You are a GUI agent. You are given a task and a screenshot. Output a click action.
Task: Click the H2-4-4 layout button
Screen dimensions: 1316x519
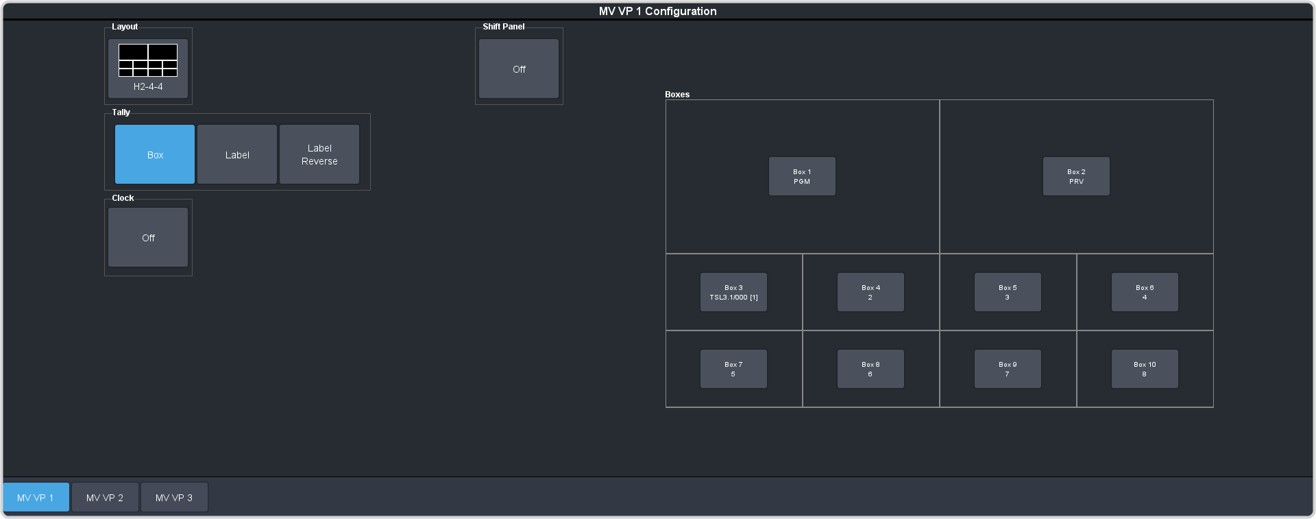(148, 69)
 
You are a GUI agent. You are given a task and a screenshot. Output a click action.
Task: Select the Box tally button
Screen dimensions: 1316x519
(155, 154)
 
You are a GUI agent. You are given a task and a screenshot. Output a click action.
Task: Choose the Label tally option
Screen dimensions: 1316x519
(237, 154)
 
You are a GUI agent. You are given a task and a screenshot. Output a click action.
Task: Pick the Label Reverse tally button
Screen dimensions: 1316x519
(319, 154)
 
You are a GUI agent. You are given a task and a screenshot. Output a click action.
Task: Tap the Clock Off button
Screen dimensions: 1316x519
(148, 237)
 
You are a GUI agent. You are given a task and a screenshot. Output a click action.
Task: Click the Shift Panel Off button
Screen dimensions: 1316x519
(519, 69)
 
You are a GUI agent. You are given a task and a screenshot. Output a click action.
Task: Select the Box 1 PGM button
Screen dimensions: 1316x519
(802, 176)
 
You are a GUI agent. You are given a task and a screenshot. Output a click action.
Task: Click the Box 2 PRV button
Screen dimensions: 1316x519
(1076, 176)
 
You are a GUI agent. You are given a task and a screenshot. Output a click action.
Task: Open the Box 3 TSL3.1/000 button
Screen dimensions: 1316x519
(733, 292)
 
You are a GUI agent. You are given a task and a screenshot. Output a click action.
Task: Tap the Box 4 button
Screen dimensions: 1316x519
(870, 292)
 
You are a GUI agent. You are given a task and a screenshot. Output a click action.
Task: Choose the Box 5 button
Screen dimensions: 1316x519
(1008, 292)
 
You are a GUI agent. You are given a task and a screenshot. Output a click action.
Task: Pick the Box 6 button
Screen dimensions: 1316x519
(1145, 292)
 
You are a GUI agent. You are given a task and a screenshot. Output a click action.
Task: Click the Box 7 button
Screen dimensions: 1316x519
(733, 369)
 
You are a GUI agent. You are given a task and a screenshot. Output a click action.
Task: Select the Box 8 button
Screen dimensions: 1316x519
(870, 369)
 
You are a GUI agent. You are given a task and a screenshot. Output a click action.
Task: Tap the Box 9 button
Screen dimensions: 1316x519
(1008, 369)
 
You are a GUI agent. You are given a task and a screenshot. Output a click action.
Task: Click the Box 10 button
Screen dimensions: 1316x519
(1145, 369)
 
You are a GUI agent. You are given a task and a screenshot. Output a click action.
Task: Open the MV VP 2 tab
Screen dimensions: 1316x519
(105, 497)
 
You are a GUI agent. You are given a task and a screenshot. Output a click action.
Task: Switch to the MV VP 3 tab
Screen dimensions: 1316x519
(174, 497)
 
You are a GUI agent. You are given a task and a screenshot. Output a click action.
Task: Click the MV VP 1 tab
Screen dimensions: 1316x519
(36, 497)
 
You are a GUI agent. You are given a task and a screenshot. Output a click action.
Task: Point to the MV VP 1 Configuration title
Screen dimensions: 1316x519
(658, 11)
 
